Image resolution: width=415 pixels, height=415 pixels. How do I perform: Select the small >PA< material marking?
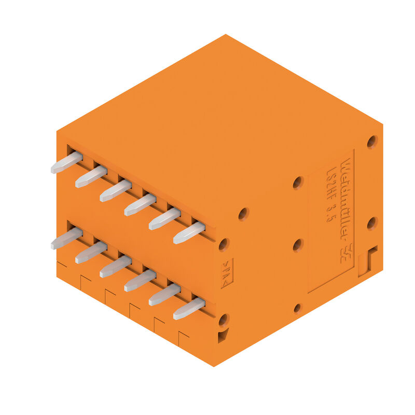227,274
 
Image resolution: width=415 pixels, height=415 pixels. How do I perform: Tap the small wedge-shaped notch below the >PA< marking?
223,337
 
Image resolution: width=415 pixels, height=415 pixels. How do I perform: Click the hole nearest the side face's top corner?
372,142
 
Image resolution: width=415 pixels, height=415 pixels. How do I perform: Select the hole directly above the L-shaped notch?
372,224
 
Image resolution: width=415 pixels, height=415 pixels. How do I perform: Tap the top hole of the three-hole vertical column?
297,183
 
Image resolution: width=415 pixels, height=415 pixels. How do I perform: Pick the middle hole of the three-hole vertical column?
297,245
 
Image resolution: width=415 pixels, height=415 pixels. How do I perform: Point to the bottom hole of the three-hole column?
297,308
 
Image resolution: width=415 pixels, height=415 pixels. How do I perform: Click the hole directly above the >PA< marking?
224,244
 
